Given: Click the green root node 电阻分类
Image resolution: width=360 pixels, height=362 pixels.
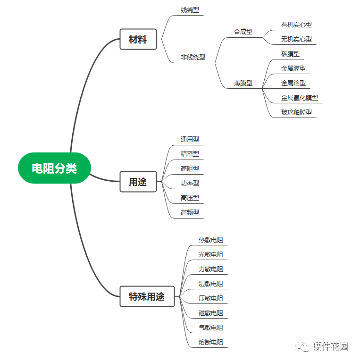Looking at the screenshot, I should (54, 168).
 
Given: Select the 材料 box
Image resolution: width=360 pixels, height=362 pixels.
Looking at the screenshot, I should (138, 40).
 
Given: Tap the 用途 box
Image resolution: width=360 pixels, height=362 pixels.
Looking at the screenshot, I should (138, 182).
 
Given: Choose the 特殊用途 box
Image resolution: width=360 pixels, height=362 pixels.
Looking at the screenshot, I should (147, 296).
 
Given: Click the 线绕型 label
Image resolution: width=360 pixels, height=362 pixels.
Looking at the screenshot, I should (190, 10).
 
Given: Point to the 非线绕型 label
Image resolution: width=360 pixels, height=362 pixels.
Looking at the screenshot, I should (193, 57).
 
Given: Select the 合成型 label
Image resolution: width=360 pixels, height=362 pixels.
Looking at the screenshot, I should (243, 32).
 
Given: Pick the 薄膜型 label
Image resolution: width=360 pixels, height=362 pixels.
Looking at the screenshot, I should (243, 83).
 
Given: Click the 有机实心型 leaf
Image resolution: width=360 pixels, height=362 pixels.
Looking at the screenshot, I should (296, 25).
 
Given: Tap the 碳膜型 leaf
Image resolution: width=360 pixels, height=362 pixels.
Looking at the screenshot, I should (290, 54).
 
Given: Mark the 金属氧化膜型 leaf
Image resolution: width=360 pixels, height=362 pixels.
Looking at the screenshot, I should (300, 98).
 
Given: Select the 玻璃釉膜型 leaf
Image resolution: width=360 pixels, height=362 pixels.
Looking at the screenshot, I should (296, 112).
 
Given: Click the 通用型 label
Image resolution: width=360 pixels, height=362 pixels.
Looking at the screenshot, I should (190, 139).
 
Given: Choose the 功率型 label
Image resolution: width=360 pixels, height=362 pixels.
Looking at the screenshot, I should (190, 183).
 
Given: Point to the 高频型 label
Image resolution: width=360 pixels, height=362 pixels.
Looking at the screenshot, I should (190, 212).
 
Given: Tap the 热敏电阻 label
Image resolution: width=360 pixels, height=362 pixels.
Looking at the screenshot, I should (211, 240).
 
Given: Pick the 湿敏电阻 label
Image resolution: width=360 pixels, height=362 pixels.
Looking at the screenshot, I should (211, 284).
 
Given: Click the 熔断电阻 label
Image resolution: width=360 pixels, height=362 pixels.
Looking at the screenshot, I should (211, 342).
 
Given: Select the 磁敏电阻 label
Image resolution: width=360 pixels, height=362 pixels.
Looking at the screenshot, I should (211, 313).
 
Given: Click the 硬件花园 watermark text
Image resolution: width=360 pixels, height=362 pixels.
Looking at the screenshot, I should (331, 346).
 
